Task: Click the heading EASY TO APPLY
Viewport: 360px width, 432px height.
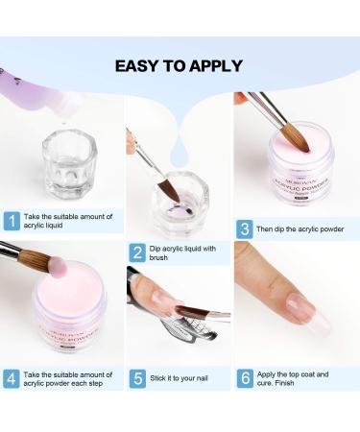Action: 180,66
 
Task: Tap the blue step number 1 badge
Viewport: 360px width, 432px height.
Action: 12,221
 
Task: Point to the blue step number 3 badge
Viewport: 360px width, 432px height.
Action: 245,229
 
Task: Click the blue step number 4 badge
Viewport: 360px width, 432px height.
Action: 12,378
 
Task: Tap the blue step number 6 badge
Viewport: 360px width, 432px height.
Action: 245,378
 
